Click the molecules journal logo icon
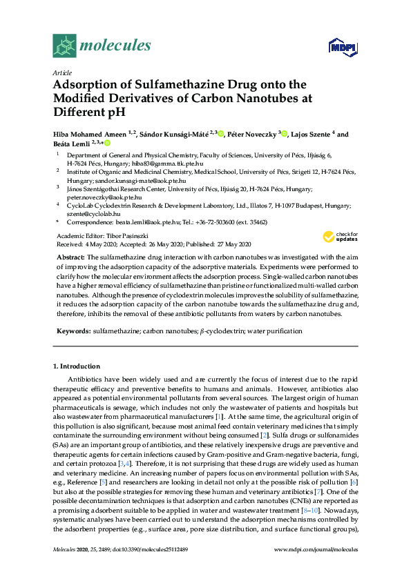64,46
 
